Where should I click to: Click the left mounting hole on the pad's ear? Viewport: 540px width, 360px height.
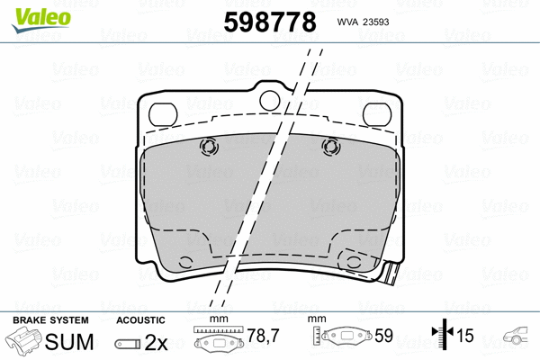(163, 112)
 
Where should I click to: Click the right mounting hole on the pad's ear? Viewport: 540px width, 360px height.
(374, 112)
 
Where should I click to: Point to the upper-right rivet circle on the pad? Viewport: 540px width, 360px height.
(329, 146)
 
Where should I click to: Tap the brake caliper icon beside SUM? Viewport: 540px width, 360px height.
(24, 342)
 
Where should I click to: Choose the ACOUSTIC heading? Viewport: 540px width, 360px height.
(141, 320)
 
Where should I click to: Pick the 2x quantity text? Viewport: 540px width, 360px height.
(157, 342)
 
